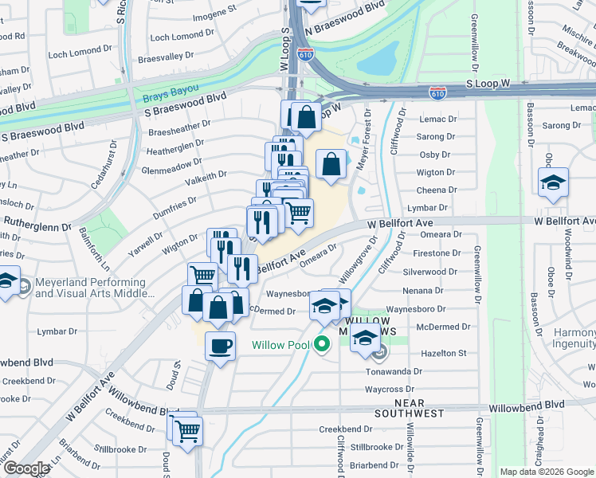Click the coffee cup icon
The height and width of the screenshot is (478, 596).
pyautogui.click(x=219, y=346)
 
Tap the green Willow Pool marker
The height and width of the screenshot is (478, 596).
pyautogui.click(x=322, y=345)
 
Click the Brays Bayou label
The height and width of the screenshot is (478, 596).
pyautogui.click(x=171, y=98)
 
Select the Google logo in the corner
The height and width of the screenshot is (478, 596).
pyautogui.click(x=25, y=468)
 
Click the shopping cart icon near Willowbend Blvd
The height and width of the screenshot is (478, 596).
pyautogui.click(x=188, y=431)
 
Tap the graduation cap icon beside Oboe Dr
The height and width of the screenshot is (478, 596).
pyautogui.click(x=553, y=183)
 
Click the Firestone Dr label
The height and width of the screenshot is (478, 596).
pyautogui.click(x=437, y=253)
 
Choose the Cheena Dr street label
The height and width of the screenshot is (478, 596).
pyautogui.click(x=436, y=190)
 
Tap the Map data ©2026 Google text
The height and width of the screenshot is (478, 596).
pyautogui.click(x=547, y=472)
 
